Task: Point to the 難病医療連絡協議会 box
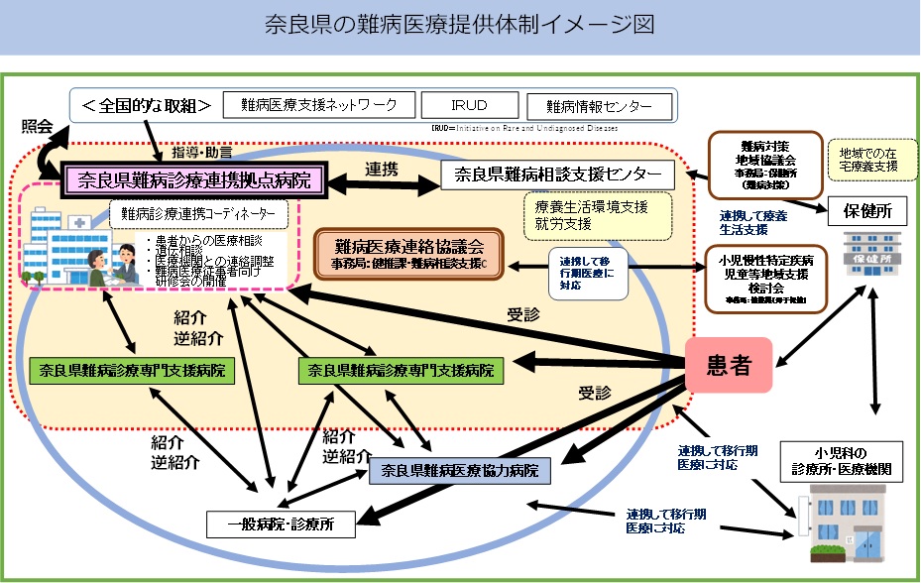[x=408, y=254]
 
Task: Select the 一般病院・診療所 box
[x=278, y=523]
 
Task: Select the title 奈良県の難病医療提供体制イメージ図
[x=459, y=26]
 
